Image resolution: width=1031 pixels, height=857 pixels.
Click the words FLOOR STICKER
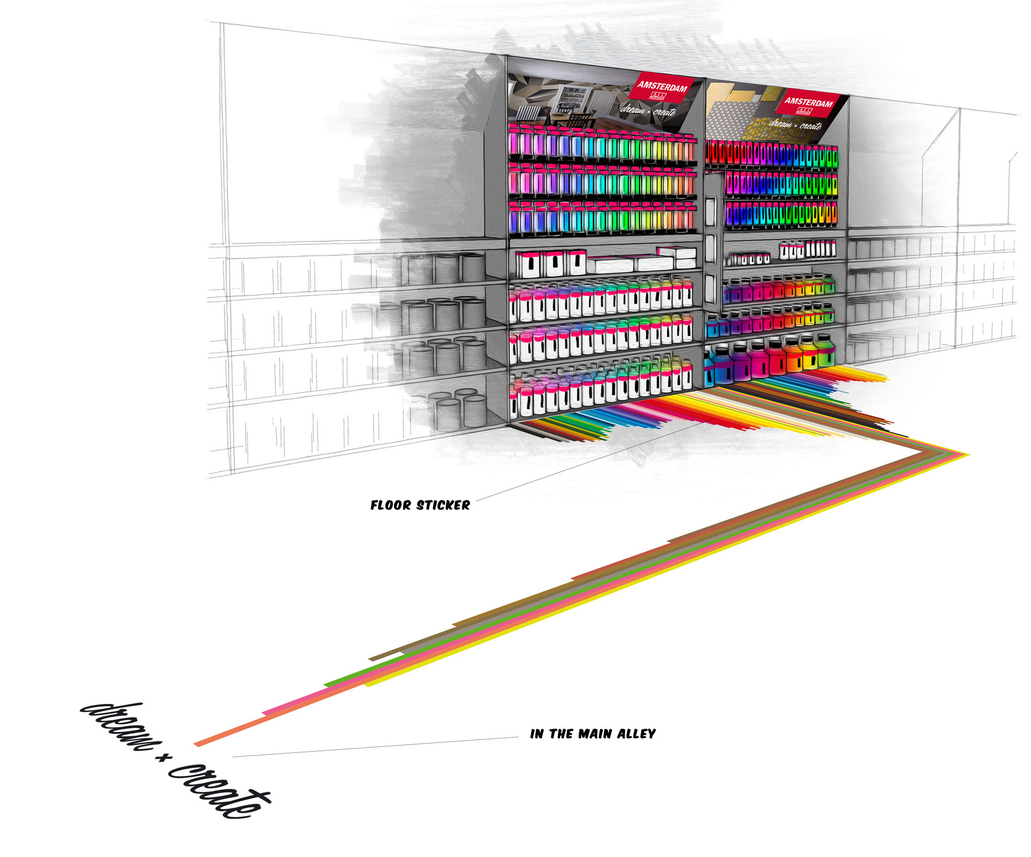click(420, 505)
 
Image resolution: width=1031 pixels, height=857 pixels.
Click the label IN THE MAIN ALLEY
click(592, 734)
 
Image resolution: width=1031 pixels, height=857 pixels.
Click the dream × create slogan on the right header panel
click(795, 125)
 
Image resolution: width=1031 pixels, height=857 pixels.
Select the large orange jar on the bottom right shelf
click(792, 354)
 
